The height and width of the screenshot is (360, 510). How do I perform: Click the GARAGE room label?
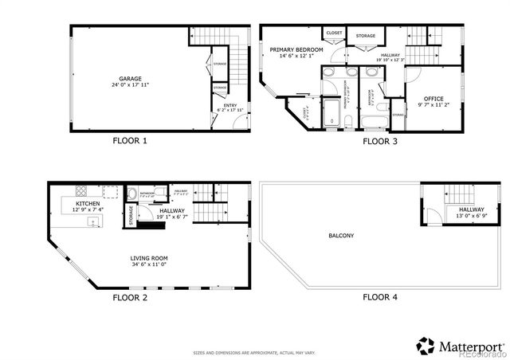click(x=131, y=78)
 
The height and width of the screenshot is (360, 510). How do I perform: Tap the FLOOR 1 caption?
click(x=130, y=141)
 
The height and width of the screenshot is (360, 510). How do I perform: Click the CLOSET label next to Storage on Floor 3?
click(x=334, y=33)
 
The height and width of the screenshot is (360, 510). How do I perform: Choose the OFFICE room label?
click(x=435, y=98)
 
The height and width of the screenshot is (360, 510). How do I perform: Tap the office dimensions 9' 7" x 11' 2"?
click(x=435, y=104)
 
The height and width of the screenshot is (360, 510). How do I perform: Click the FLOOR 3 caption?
click(x=380, y=142)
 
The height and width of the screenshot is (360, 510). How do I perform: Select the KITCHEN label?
click(x=88, y=203)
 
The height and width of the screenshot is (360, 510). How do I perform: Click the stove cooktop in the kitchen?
click(x=81, y=191)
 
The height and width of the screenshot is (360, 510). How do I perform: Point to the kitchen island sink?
click(x=93, y=222)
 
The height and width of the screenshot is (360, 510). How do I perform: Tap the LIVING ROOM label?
click(x=150, y=258)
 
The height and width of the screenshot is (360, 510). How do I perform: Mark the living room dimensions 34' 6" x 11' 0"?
click(x=150, y=264)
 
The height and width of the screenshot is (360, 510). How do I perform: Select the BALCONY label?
click(x=341, y=236)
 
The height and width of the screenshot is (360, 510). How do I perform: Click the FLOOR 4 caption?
click(x=380, y=297)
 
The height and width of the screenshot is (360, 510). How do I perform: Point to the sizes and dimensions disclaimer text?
click(x=254, y=351)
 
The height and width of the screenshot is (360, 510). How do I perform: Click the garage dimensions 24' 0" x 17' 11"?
click(x=131, y=84)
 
